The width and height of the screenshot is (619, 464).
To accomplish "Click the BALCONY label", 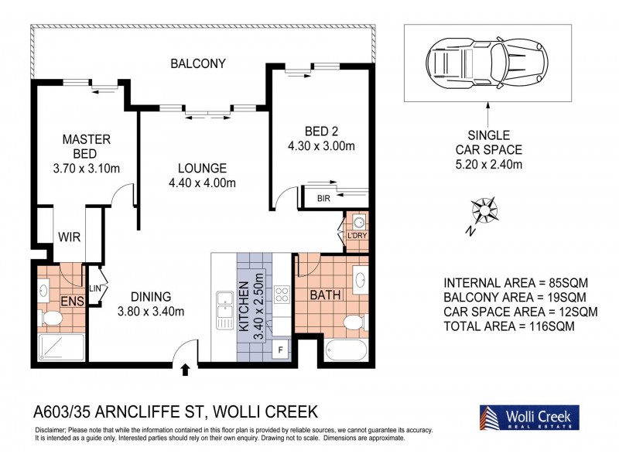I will point(198,63).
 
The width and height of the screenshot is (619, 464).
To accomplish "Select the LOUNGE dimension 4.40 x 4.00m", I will point(201,183).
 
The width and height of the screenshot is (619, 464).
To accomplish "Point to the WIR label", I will point(70,237).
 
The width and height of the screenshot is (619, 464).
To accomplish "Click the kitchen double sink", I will point(225,308).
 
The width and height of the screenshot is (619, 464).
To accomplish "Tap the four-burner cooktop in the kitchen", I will point(282,295).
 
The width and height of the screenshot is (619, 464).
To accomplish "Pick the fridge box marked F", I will point(280,350).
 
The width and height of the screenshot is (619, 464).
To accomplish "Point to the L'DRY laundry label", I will point(357,235).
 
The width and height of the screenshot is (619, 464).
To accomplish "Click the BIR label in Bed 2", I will point(323,199).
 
